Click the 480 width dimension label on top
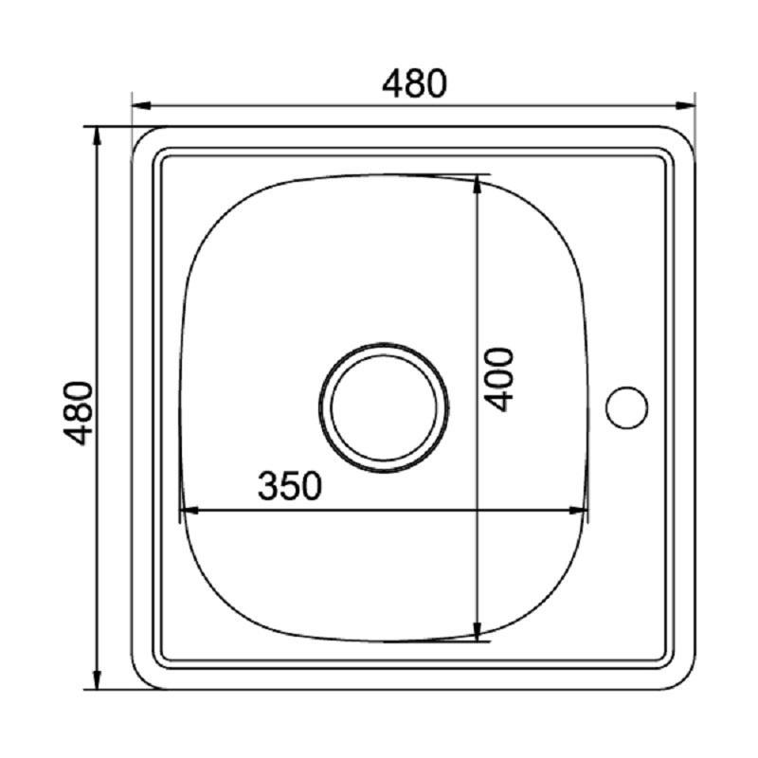coord(414,83)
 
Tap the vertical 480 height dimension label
coord(79,413)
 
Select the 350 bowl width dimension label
coord(290,486)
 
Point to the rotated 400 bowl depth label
coord(498,380)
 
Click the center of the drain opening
coord(384,407)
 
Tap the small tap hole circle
coord(626,407)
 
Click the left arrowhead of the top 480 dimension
coord(141,106)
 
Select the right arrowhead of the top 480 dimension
coord(685,106)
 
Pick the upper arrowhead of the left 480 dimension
coord(97,136)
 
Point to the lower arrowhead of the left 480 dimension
coord(97,679)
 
